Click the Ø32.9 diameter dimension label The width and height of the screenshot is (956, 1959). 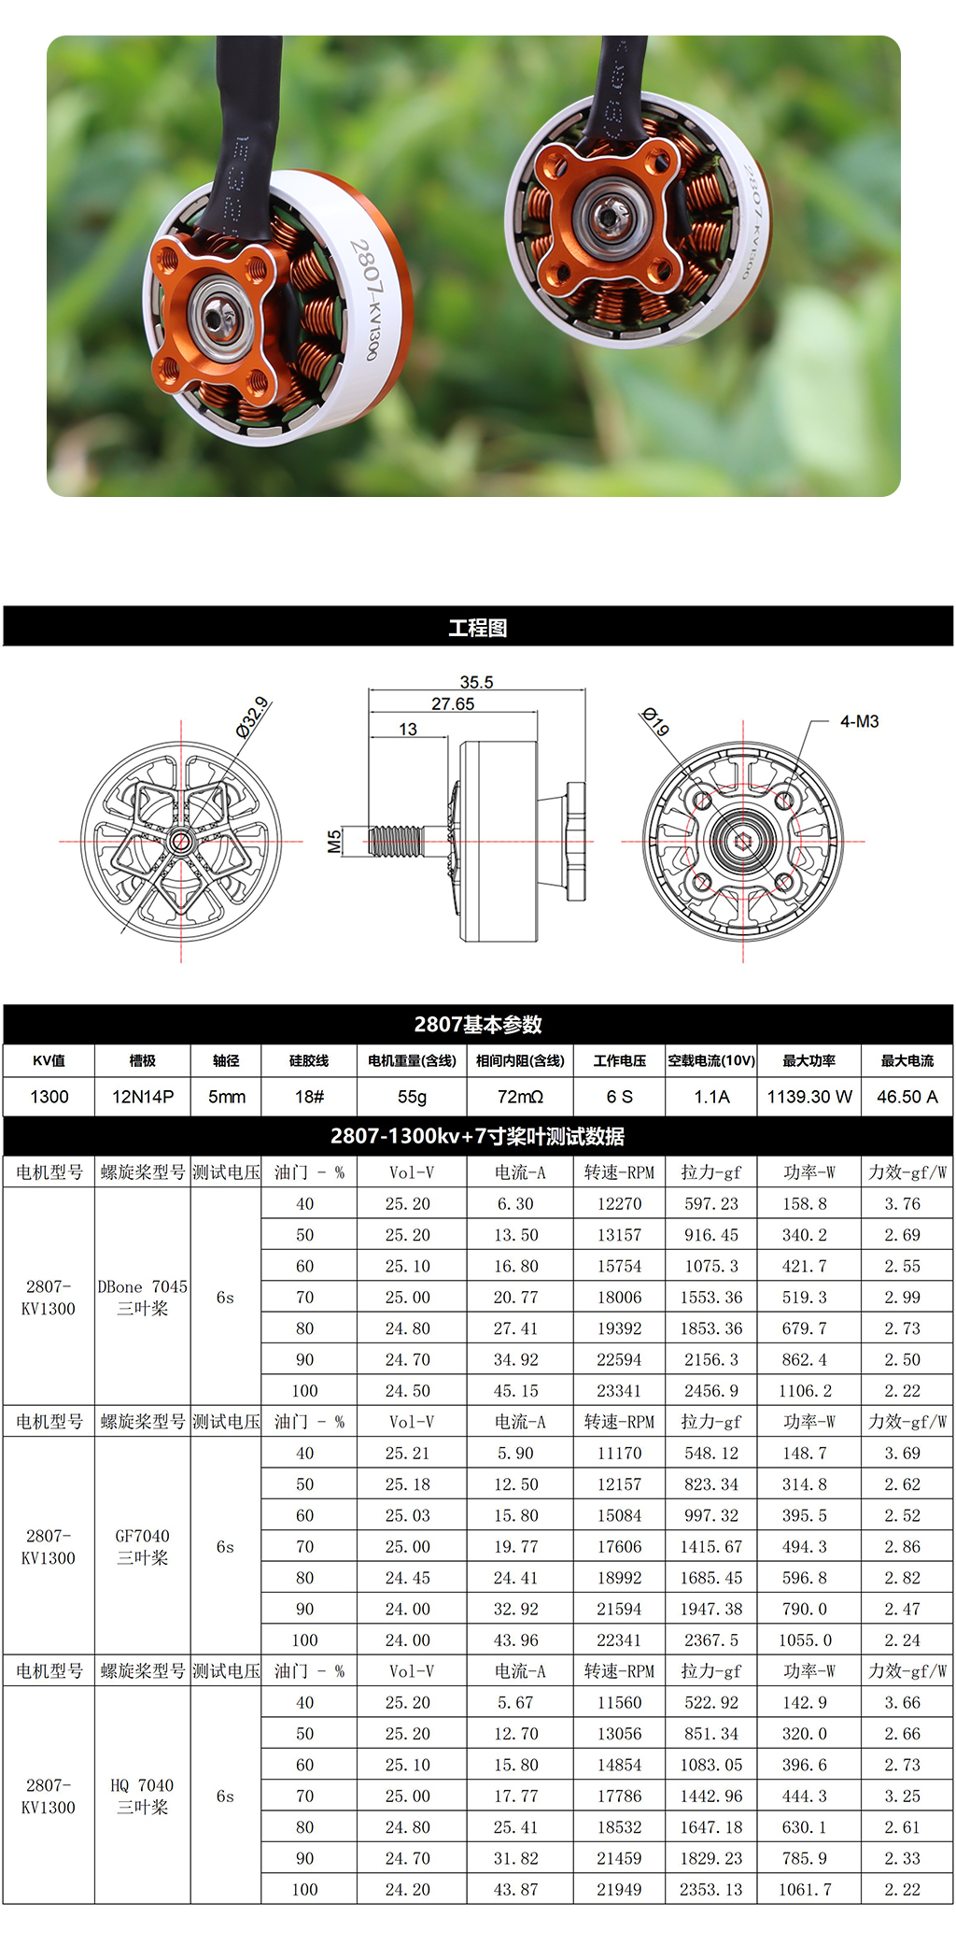pyautogui.click(x=252, y=717)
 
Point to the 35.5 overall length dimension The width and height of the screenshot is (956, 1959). pyautogui.click(x=476, y=683)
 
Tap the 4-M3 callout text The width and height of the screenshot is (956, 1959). pyautogui.click(x=859, y=721)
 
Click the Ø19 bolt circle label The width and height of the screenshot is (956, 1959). pyautogui.click(x=655, y=722)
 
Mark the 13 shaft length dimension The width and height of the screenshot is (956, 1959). pyautogui.click(x=408, y=730)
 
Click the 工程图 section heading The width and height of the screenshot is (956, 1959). pyautogui.click(x=478, y=628)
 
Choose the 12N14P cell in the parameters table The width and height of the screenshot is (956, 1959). pyautogui.click(x=143, y=1097)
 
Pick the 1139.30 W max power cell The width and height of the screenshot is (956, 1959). pyautogui.click(x=809, y=1097)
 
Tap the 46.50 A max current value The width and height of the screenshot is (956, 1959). pyautogui.click(x=907, y=1097)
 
